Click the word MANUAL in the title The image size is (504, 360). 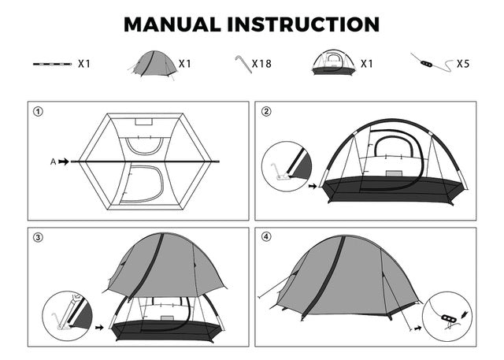[x=172, y=24]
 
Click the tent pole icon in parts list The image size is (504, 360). [x=52, y=63]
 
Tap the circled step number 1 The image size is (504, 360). [x=38, y=111]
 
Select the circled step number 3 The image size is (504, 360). [x=38, y=237]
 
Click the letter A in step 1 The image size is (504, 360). [x=54, y=161]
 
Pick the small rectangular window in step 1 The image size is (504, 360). [x=143, y=122]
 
